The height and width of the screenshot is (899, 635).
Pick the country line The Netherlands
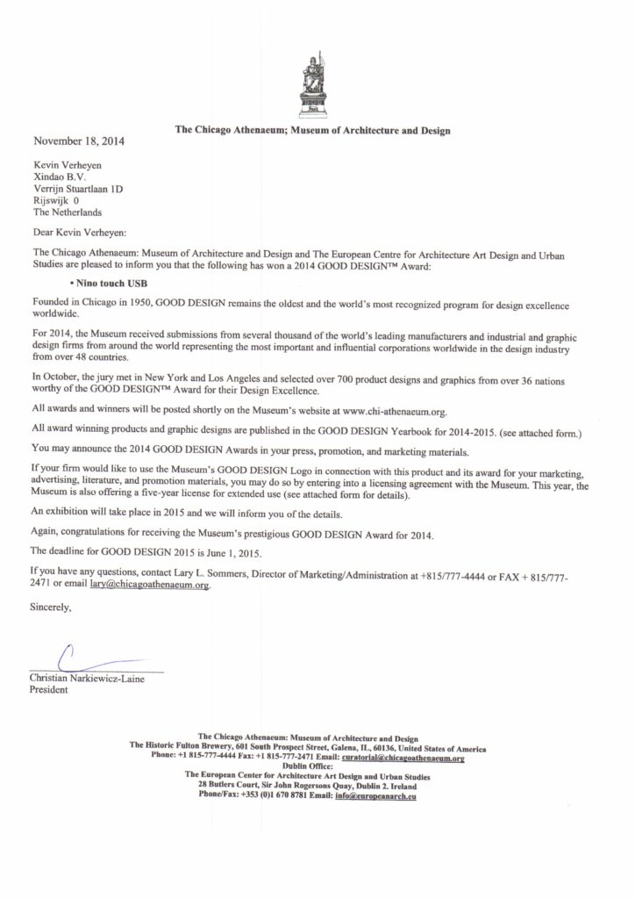[x=67, y=212]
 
